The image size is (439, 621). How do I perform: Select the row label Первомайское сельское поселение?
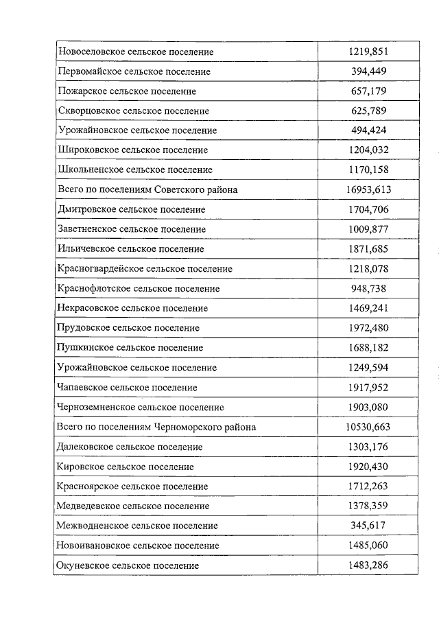click(134, 71)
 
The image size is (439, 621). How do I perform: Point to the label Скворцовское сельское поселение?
click(134, 110)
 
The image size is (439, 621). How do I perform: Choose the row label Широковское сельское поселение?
click(133, 150)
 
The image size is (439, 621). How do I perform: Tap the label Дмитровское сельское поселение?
click(132, 209)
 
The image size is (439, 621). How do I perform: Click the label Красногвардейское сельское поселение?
click(145, 268)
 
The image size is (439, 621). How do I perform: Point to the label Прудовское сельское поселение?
click(129, 328)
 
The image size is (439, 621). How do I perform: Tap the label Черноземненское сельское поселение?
click(141, 407)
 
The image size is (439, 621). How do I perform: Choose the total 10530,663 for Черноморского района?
click(368, 427)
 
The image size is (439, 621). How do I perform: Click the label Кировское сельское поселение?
click(126, 467)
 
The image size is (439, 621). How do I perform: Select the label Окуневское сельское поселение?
click(129, 565)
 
